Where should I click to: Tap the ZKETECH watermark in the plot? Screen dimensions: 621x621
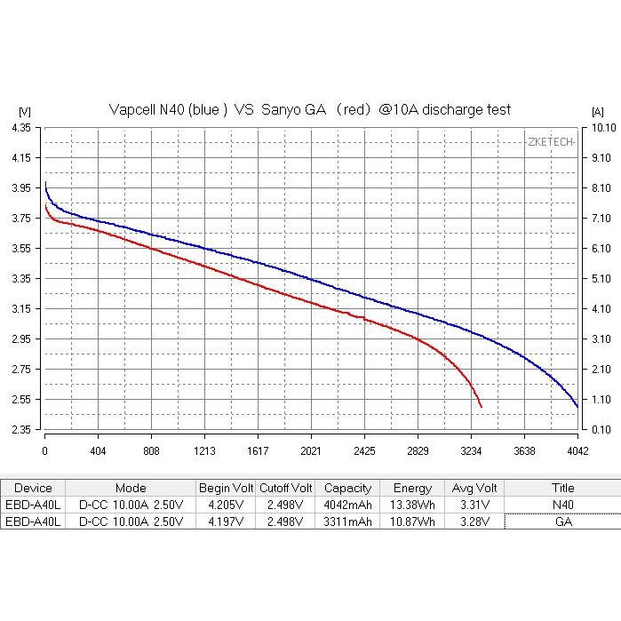tap(550, 142)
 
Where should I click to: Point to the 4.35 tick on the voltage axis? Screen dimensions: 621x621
tap(22, 128)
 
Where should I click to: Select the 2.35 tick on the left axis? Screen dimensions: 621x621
tap(22, 429)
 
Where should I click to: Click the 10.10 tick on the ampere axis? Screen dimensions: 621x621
tap(599, 128)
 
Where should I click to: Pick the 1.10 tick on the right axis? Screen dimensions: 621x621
tap(599, 399)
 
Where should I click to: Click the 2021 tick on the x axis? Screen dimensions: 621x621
tap(311, 450)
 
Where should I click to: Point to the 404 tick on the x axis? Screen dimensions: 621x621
tap(98, 450)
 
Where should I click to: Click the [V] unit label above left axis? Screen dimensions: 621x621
tap(24, 111)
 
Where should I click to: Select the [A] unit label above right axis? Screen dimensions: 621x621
tap(597, 111)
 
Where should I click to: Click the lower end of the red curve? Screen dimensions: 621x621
tap(481, 406)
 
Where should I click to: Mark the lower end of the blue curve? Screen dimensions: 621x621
tap(577, 406)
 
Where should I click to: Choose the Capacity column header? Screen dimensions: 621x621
tap(347, 488)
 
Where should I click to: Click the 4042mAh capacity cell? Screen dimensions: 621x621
tap(347, 505)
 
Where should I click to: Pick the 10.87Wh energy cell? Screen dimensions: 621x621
tap(412, 521)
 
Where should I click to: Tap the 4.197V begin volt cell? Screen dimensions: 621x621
tap(226, 521)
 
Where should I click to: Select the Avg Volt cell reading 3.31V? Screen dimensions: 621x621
tap(475, 505)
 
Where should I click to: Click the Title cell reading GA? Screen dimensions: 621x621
tap(562, 521)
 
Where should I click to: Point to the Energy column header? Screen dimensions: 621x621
tap(412, 488)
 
